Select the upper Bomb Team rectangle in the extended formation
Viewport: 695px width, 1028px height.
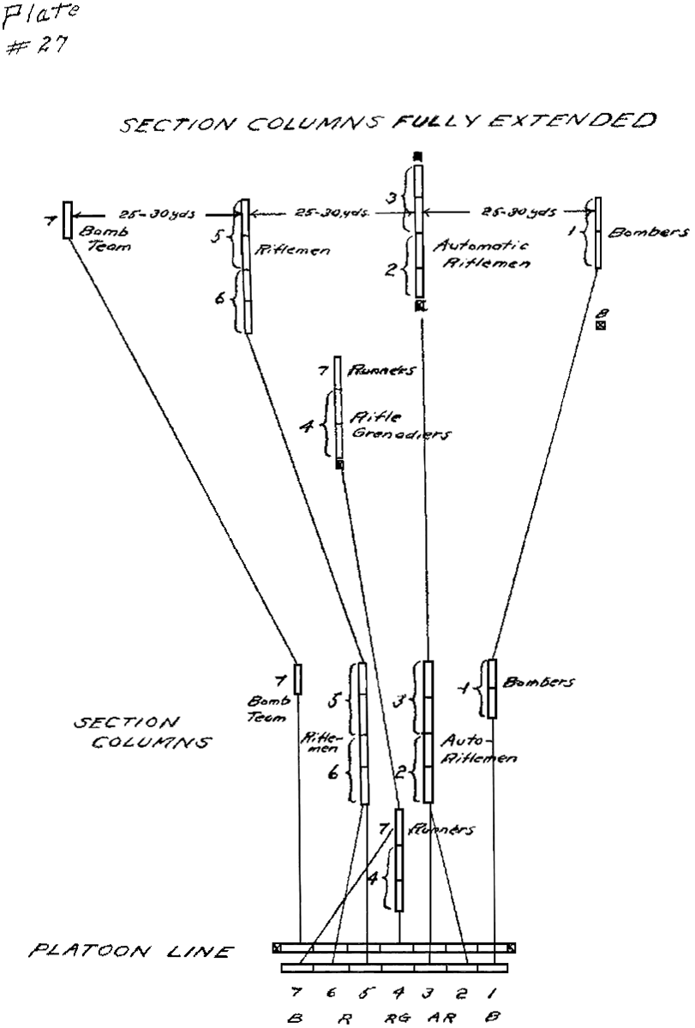68,221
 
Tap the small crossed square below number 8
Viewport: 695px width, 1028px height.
601,326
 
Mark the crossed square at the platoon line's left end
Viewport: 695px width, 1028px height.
278,947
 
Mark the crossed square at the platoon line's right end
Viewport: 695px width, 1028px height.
512,947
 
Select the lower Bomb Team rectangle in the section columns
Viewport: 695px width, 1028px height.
297,678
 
